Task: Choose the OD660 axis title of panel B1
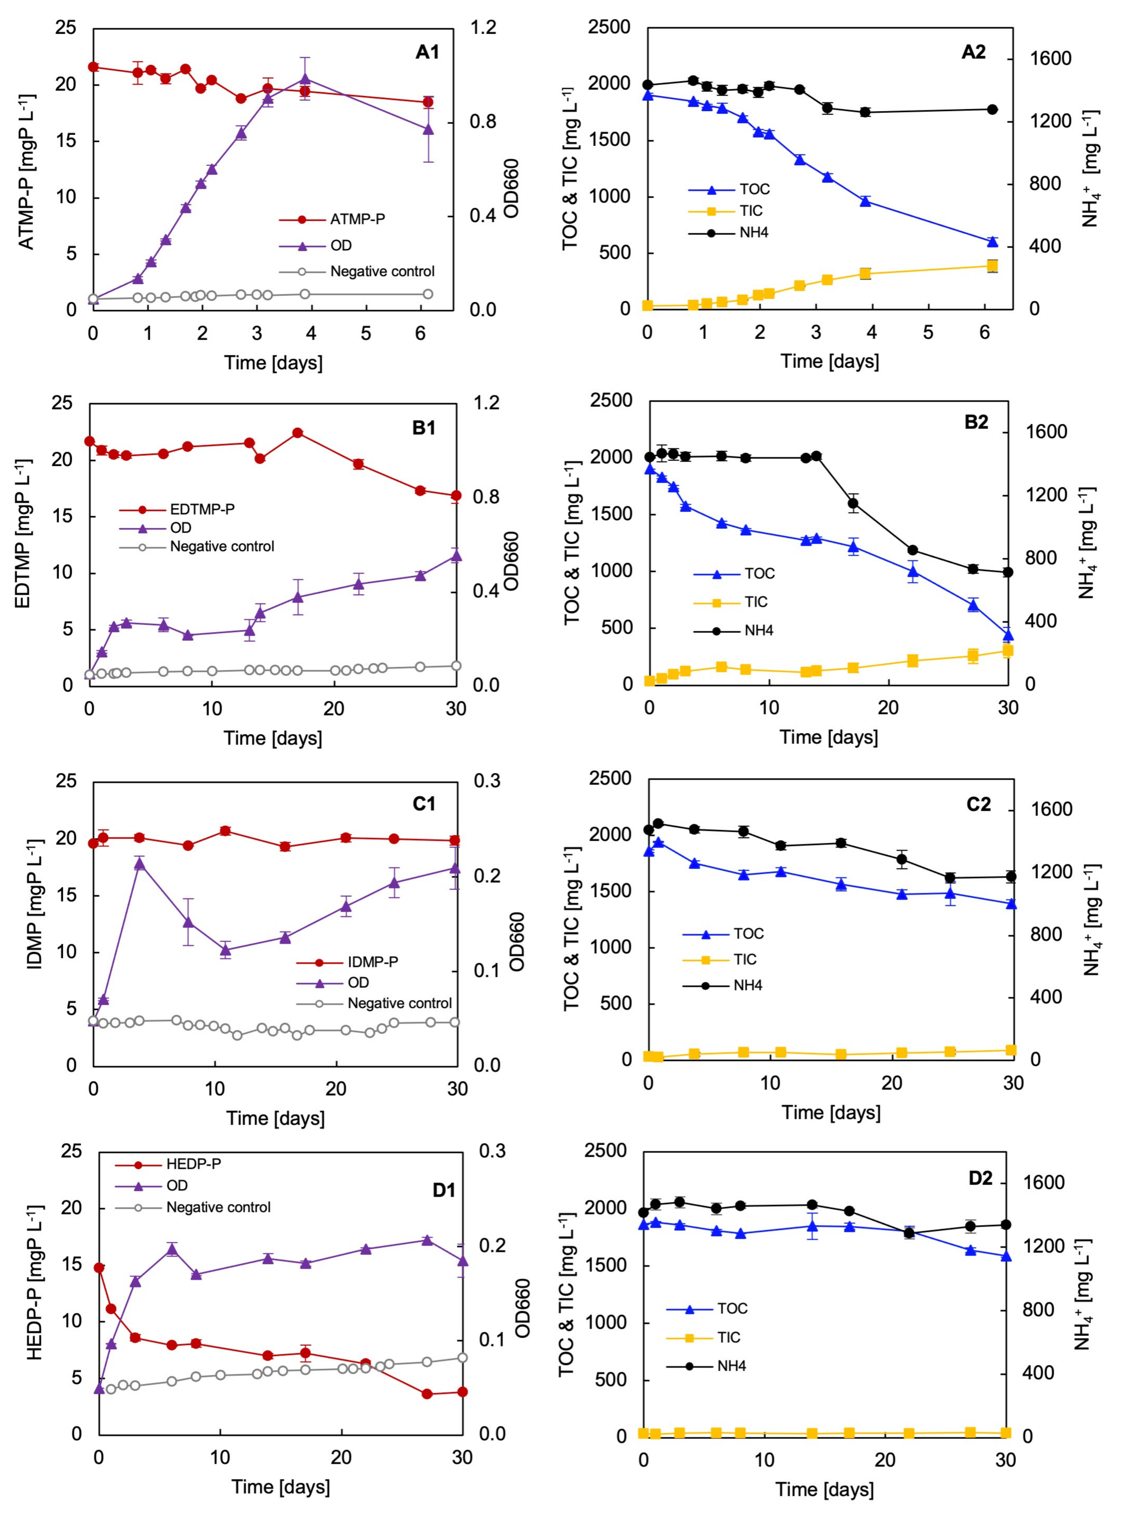[x=512, y=561]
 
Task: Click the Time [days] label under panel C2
[x=831, y=1112]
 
